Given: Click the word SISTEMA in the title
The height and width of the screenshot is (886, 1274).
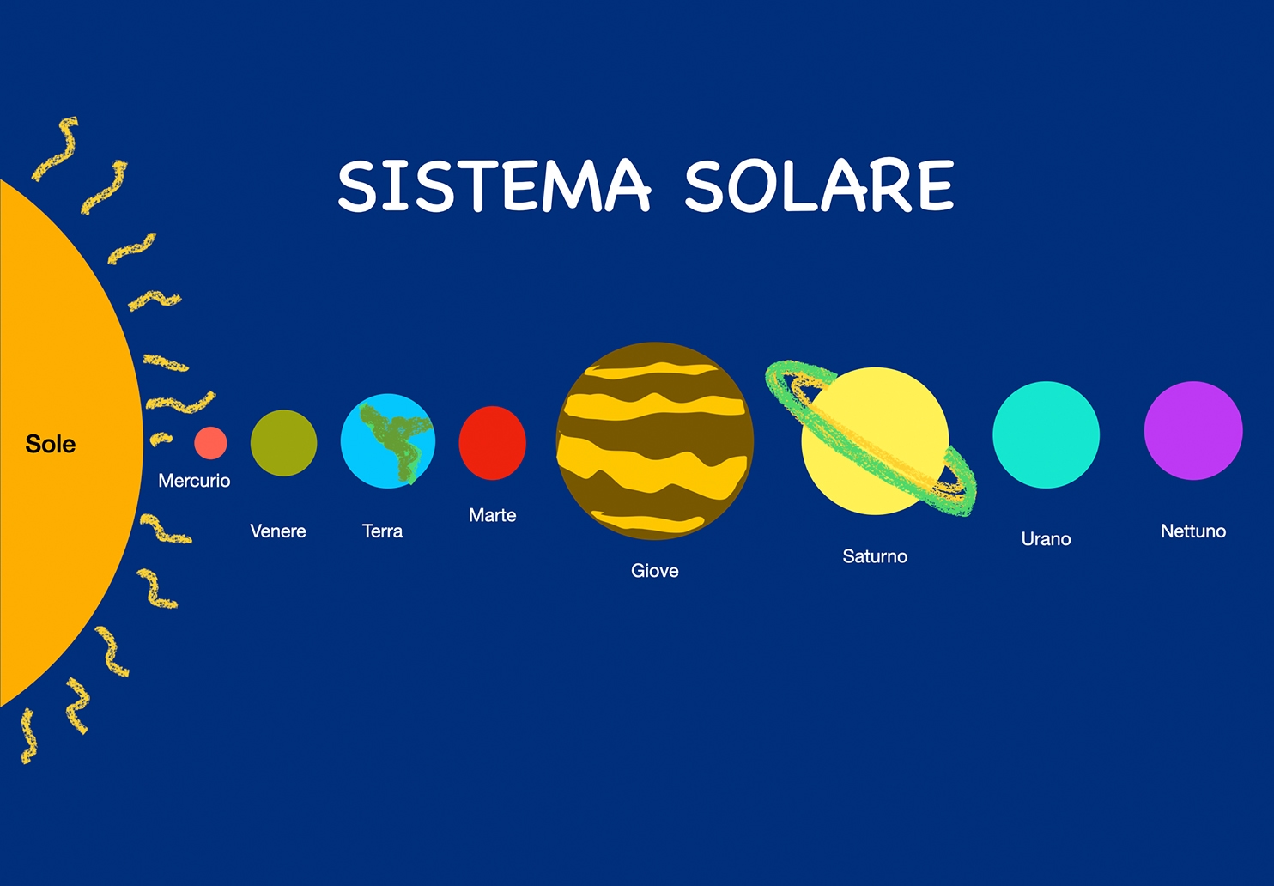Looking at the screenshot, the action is [494, 185].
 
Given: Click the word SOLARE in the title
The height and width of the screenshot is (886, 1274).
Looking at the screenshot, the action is [820, 185].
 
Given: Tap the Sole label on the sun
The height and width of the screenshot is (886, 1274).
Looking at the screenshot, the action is [51, 444].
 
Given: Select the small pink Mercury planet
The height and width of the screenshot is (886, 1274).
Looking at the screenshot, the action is [210, 443].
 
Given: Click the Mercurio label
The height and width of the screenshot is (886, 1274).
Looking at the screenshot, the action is [194, 481].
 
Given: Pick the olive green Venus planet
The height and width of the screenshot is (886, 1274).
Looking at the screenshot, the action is [284, 443].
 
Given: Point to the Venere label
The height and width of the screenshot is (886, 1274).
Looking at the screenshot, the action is [278, 531].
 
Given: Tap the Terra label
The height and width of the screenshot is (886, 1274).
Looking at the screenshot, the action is [382, 531].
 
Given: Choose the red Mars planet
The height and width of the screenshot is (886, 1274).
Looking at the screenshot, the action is [493, 443].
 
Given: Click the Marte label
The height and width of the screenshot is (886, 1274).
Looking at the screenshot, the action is [493, 515].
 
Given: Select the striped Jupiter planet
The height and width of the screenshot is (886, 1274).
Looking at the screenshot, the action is [655, 440].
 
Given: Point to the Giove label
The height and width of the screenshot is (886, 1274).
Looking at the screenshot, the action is [655, 570].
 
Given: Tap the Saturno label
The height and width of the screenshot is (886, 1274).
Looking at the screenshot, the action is [875, 556].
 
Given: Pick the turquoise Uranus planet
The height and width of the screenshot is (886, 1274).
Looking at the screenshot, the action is [1046, 434].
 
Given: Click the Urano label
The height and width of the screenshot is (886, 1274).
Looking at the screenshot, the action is [1046, 538].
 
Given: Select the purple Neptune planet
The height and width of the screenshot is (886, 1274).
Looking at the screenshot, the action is [1193, 430].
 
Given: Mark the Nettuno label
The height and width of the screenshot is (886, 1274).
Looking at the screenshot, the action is [1193, 531].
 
